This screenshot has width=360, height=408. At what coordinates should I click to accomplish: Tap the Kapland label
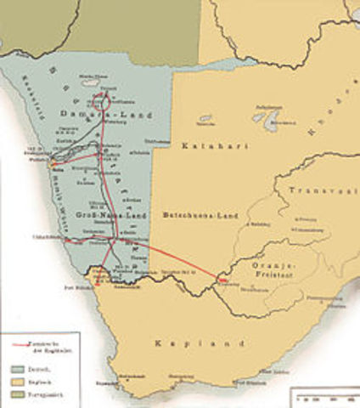(183, 343)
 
